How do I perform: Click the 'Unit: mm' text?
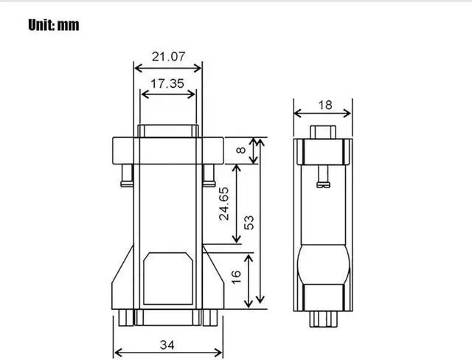(x=54, y=25)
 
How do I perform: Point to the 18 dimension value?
(x=324, y=105)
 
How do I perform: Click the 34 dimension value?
(x=167, y=344)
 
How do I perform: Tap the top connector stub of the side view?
(x=322, y=132)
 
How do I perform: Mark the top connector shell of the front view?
(x=167, y=131)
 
